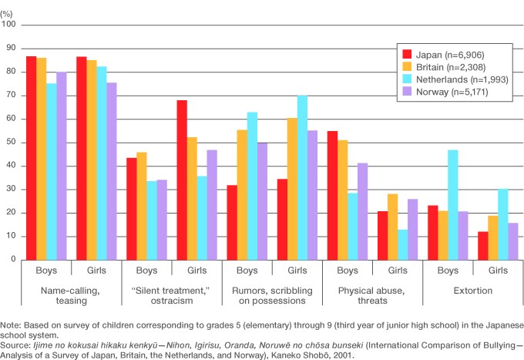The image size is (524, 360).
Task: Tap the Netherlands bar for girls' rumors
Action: tap(301, 177)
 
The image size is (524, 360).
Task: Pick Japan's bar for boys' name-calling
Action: tap(32, 158)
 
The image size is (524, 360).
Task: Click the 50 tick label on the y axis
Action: tap(10, 143)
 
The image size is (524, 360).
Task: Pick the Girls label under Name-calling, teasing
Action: tap(96, 271)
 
